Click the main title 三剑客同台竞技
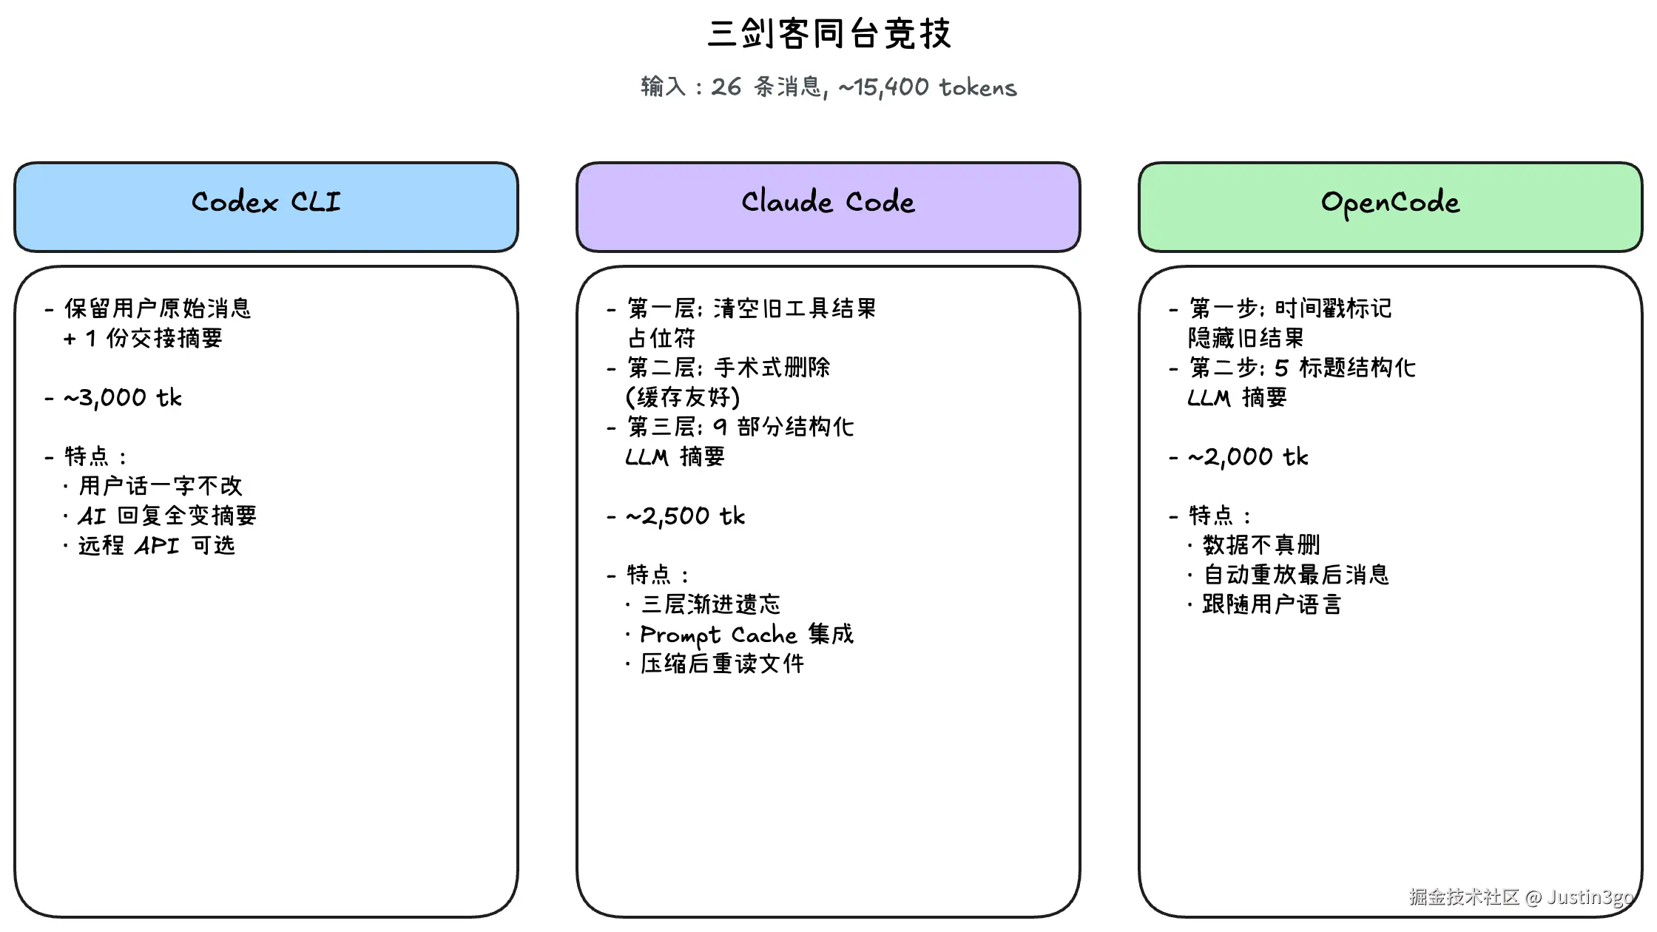(x=828, y=34)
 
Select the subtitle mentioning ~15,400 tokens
(x=828, y=87)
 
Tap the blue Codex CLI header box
(x=266, y=206)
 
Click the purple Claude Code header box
(x=828, y=206)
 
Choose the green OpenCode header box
(x=1391, y=206)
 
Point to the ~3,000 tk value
(x=123, y=398)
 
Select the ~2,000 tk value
(x=1248, y=457)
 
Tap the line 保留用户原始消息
(x=158, y=308)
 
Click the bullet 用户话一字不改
(x=161, y=486)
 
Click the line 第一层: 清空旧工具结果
(x=752, y=308)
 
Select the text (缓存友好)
(x=683, y=398)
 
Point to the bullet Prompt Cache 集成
(x=746, y=635)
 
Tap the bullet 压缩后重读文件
(x=722, y=664)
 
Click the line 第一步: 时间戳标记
(x=1290, y=308)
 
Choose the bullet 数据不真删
(x=1261, y=546)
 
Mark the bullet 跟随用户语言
(x=1272, y=605)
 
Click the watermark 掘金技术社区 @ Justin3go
(x=1521, y=897)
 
